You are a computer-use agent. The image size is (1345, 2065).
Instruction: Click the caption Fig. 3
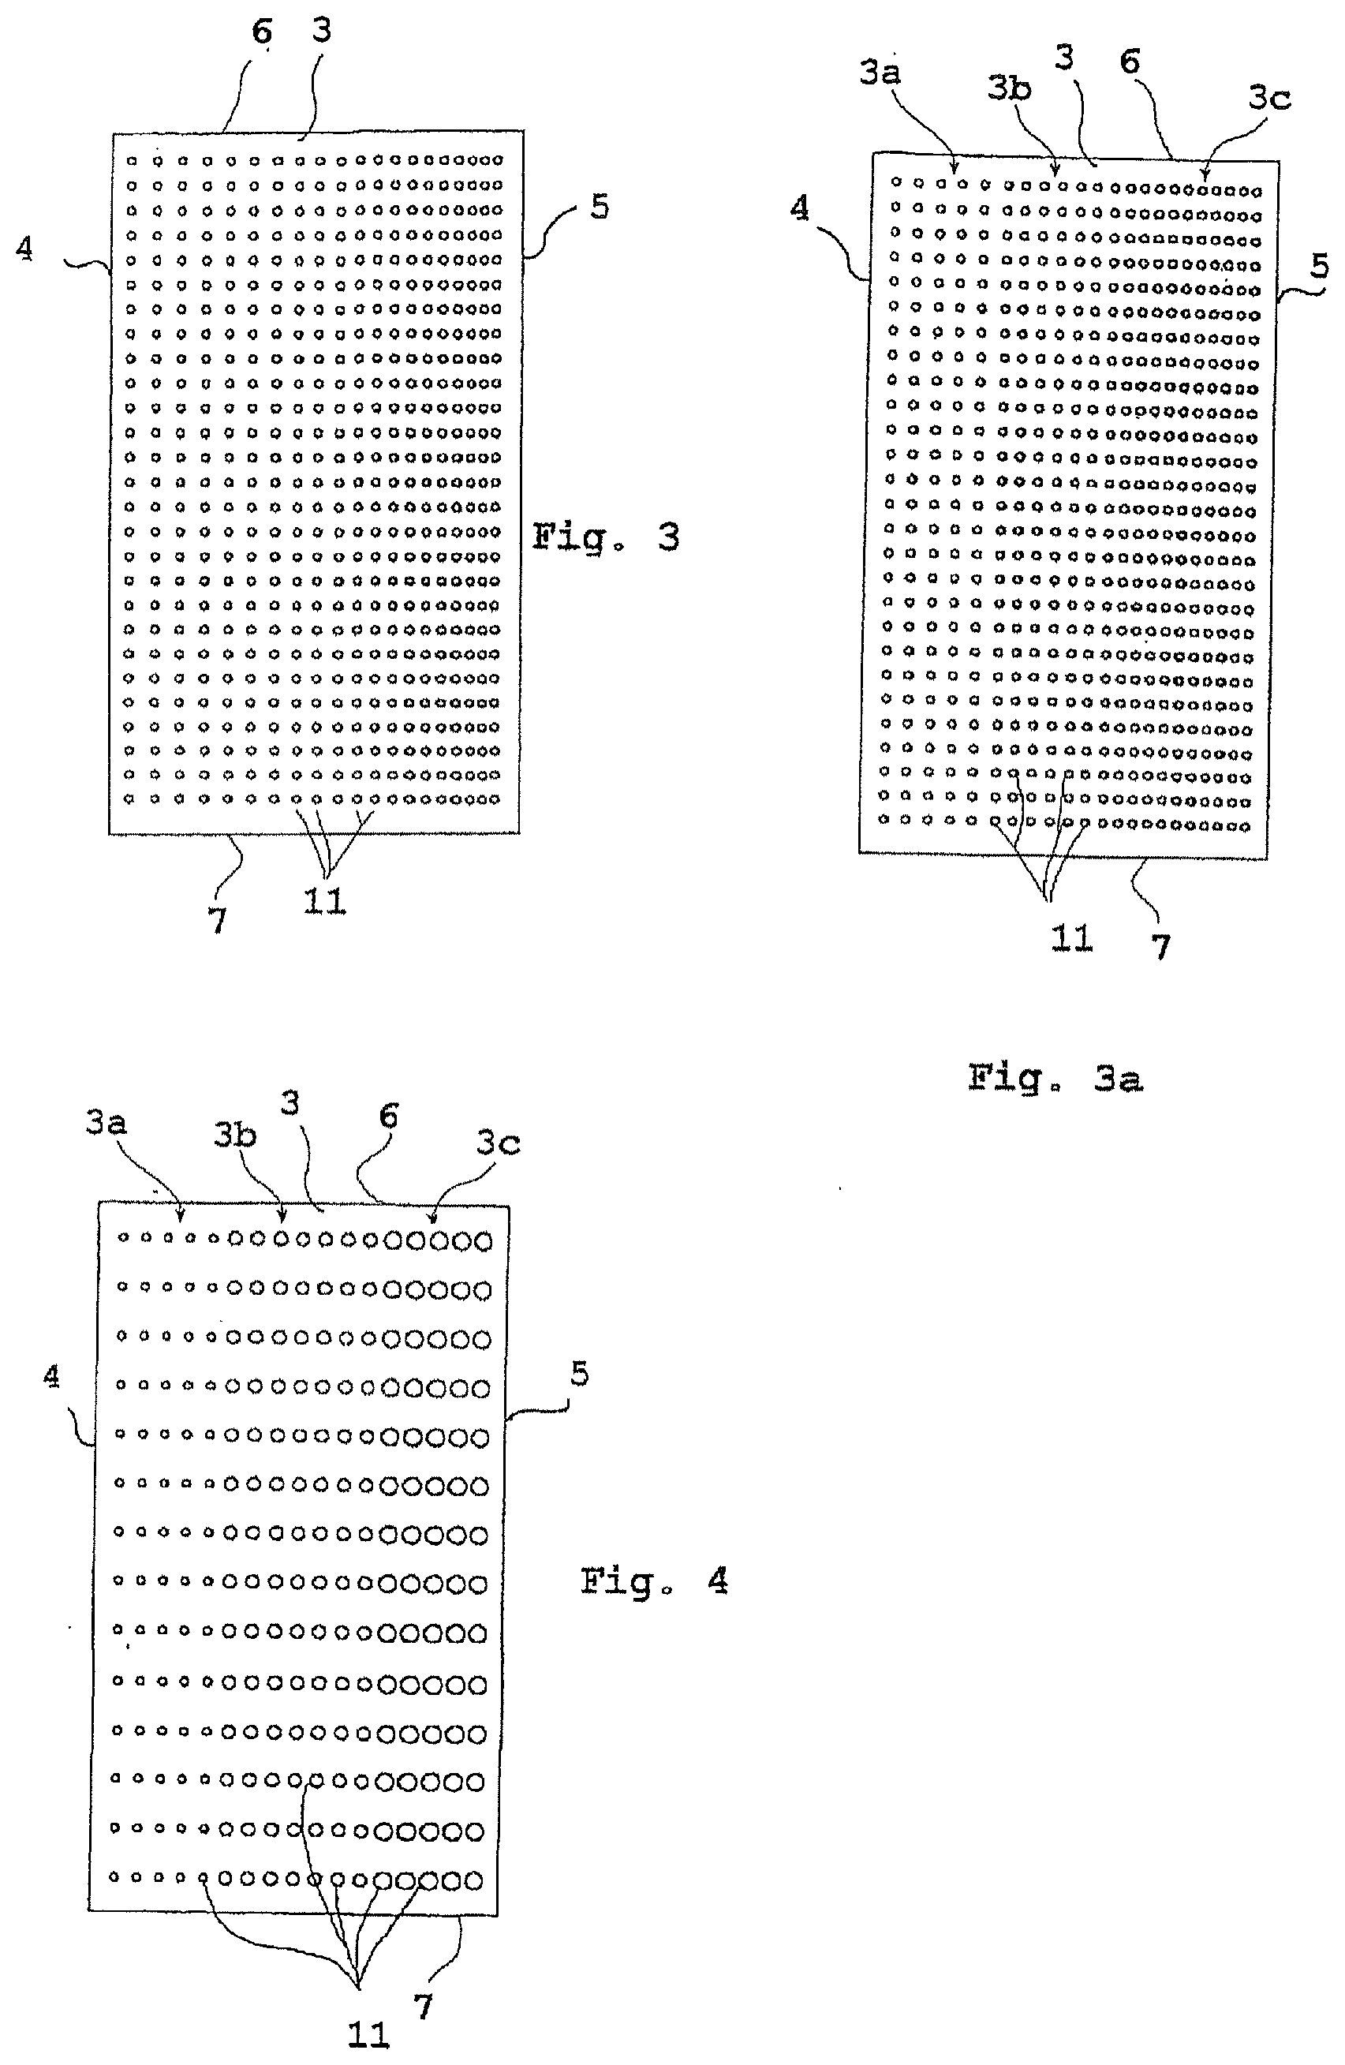coord(605,537)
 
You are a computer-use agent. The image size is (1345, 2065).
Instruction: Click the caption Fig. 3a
coord(1055,1079)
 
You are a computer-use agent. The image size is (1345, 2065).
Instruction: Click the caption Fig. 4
coord(654,1582)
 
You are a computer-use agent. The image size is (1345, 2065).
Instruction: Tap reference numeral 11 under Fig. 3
coord(325,903)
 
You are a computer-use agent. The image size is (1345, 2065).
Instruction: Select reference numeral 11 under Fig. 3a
coord(1072,938)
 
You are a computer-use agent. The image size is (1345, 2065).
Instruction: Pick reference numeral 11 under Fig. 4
coord(368,2033)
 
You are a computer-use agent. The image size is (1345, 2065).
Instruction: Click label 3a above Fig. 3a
coord(880,72)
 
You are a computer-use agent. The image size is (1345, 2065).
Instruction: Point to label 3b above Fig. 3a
coord(1010,88)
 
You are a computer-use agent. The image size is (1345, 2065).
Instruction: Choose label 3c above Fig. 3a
coord(1269,97)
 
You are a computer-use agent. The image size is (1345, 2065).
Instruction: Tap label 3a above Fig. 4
coord(106,1123)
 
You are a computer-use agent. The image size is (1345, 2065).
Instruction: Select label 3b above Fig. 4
coord(235,1135)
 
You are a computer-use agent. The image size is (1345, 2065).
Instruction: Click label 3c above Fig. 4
coord(498,1143)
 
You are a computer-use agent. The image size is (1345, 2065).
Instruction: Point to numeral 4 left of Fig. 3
coord(25,249)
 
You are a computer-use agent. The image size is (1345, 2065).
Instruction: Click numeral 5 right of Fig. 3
coord(600,207)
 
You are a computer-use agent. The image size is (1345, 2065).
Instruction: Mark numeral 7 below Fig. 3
coord(218,920)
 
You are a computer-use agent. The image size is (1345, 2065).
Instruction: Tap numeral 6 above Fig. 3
coord(262,32)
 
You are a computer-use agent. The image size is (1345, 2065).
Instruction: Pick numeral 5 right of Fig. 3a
coord(1319,265)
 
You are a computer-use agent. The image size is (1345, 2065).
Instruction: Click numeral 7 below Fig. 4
coord(423,2006)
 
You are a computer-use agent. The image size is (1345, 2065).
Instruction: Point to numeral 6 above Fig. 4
coord(390,1116)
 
